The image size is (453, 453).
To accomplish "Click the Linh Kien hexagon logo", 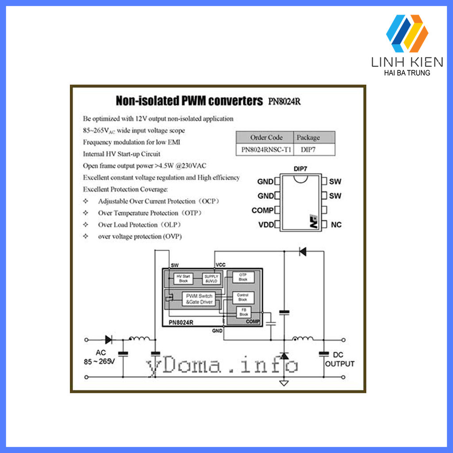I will [x=407, y=33].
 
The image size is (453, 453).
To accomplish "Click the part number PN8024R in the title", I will [x=284, y=101].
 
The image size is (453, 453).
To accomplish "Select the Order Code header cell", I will [x=266, y=137].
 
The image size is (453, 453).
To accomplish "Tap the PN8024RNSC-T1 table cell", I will [x=266, y=150].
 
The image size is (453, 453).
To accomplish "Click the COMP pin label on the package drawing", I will [x=262, y=210].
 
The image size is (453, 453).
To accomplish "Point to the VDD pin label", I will [x=265, y=225].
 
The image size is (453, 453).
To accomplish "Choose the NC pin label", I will [x=336, y=225].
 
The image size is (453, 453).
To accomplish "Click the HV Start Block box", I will [x=183, y=279].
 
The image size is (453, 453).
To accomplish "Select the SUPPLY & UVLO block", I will [x=211, y=279].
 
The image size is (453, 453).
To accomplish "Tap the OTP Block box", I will [x=243, y=277].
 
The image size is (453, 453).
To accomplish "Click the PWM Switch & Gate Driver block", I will [x=199, y=299].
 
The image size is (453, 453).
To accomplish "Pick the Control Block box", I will [x=243, y=297].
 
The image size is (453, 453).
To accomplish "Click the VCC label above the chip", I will [x=220, y=265].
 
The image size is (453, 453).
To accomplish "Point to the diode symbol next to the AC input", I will [x=108, y=340].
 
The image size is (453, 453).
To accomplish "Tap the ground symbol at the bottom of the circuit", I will [x=284, y=383].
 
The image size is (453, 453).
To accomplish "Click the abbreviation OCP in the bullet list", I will [x=208, y=201].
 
